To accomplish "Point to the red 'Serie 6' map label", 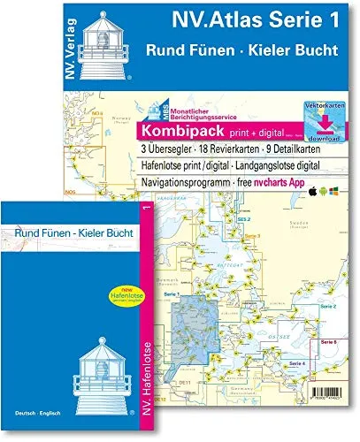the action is click(x=330, y=342).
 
